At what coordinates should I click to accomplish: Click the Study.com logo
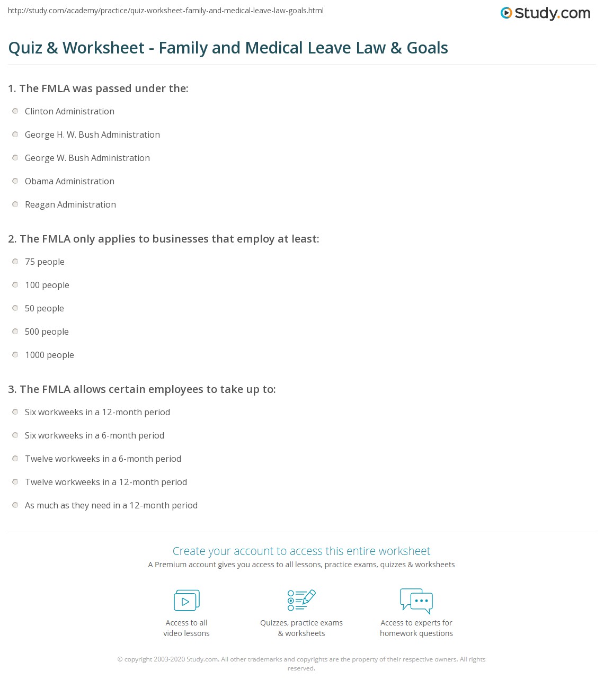545,13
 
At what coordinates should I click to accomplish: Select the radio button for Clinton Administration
15,111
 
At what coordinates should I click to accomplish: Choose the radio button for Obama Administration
15,181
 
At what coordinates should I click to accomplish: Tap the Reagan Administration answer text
70,204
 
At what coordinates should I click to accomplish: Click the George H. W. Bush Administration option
92,135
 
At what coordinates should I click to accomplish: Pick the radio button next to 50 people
15,308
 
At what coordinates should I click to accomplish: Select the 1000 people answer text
49,355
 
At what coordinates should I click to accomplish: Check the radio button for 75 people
15,262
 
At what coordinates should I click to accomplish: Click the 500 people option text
47,332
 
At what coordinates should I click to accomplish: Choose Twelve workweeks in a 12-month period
106,482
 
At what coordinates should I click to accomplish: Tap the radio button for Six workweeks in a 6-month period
15,435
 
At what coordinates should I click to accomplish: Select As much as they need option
111,505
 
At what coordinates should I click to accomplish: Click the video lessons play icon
186,601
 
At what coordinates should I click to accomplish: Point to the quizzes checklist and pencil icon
301,600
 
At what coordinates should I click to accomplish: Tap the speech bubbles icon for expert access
416,601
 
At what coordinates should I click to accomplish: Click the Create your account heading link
301,551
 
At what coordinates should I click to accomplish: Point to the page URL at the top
166,11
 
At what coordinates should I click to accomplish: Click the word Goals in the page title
427,48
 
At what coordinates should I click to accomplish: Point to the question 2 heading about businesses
164,239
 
